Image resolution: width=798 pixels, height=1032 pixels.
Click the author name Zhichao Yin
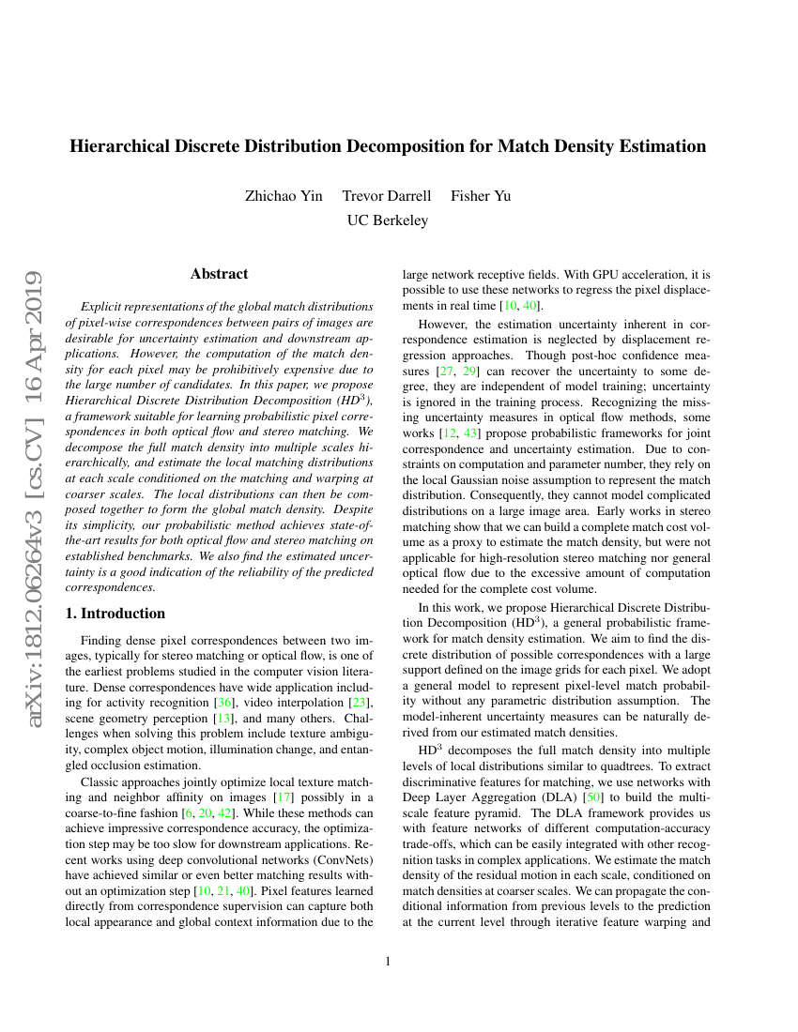[284, 196]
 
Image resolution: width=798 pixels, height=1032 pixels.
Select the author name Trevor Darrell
[387, 196]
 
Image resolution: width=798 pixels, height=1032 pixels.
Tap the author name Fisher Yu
[481, 196]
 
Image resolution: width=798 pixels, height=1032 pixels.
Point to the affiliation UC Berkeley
[388, 220]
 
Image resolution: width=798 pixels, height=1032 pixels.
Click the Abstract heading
[219, 274]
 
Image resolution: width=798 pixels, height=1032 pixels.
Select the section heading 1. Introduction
[115, 614]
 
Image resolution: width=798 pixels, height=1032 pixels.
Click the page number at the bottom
[388, 961]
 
